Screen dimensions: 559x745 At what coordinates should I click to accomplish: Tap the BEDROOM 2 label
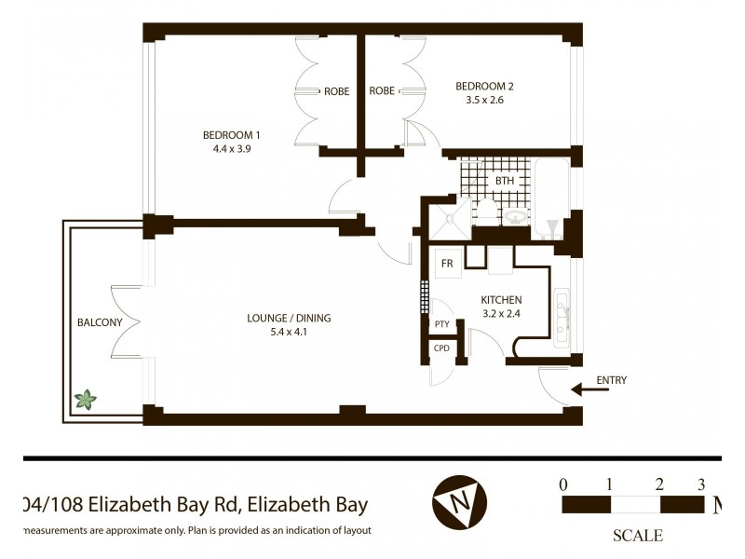click(x=484, y=87)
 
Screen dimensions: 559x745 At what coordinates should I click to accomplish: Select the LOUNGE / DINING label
click(x=289, y=318)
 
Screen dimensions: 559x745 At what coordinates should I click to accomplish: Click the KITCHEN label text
click(x=501, y=300)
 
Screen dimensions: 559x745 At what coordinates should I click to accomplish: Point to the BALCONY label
click(x=100, y=322)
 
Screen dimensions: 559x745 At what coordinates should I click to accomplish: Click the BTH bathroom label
click(x=504, y=181)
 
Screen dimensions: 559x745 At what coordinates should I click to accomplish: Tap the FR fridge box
click(x=447, y=264)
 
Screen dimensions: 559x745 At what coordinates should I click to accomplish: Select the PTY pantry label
click(x=441, y=324)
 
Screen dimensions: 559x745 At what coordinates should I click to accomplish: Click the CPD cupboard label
click(x=441, y=348)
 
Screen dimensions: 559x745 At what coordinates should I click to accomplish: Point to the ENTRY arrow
click(x=589, y=389)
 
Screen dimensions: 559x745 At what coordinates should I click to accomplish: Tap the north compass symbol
click(x=459, y=502)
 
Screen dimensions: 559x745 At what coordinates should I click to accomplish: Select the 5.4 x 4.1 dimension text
click(x=289, y=331)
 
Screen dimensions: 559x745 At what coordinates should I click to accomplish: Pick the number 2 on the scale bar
click(x=659, y=484)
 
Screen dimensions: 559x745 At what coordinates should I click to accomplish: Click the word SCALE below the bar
click(x=637, y=536)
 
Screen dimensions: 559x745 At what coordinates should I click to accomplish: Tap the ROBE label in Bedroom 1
click(x=336, y=91)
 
